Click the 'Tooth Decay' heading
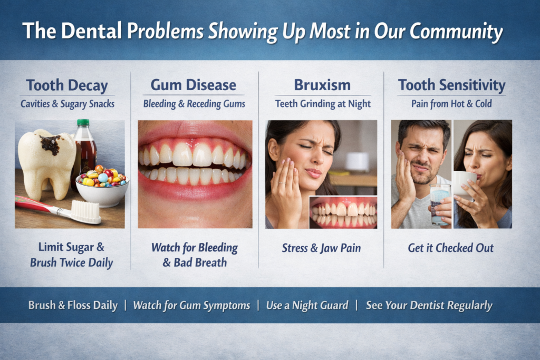click(67, 85)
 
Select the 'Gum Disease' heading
click(193, 85)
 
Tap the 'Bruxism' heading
click(322, 85)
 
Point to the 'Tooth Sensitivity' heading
click(451, 85)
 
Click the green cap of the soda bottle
click(83, 122)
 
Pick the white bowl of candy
click(102, 190)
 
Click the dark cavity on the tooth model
click(50, 144)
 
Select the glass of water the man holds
click(440, 204)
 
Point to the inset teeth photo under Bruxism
click(343, 212)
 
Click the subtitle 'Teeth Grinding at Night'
click(323, 104)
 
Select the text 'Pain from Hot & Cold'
click(451, 104)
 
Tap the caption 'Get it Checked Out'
click(450, 248)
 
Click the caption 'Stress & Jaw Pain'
click(321, 248)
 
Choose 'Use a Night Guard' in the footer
click(307, 305)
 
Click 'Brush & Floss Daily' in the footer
click(73, 305)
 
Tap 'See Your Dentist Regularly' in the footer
click(429, 305)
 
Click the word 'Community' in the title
click(456, 31)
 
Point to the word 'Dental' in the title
click(92, 31)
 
